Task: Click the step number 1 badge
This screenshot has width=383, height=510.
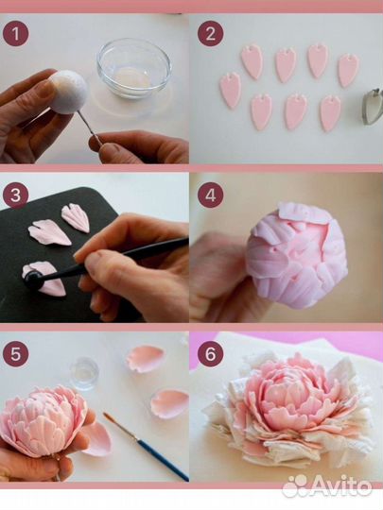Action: pos(16,34)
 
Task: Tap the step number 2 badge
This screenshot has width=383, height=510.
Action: pos(210,34)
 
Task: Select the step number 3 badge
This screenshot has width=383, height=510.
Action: pos(16,195)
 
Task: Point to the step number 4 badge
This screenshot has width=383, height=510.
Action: pos(210,195)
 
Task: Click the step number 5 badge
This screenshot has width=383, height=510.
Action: pos(16,354)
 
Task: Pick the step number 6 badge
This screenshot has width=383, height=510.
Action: pos(210,354)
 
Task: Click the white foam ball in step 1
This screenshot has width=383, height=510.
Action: pos(68,92)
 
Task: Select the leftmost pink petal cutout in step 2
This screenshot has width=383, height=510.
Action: pos(230,90)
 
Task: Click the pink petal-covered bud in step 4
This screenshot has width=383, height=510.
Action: pos(296,256)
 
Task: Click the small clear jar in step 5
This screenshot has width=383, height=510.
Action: pos(84,373)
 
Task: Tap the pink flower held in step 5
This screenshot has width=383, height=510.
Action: pos(45,419)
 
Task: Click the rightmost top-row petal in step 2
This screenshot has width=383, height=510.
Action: pos(348,70)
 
